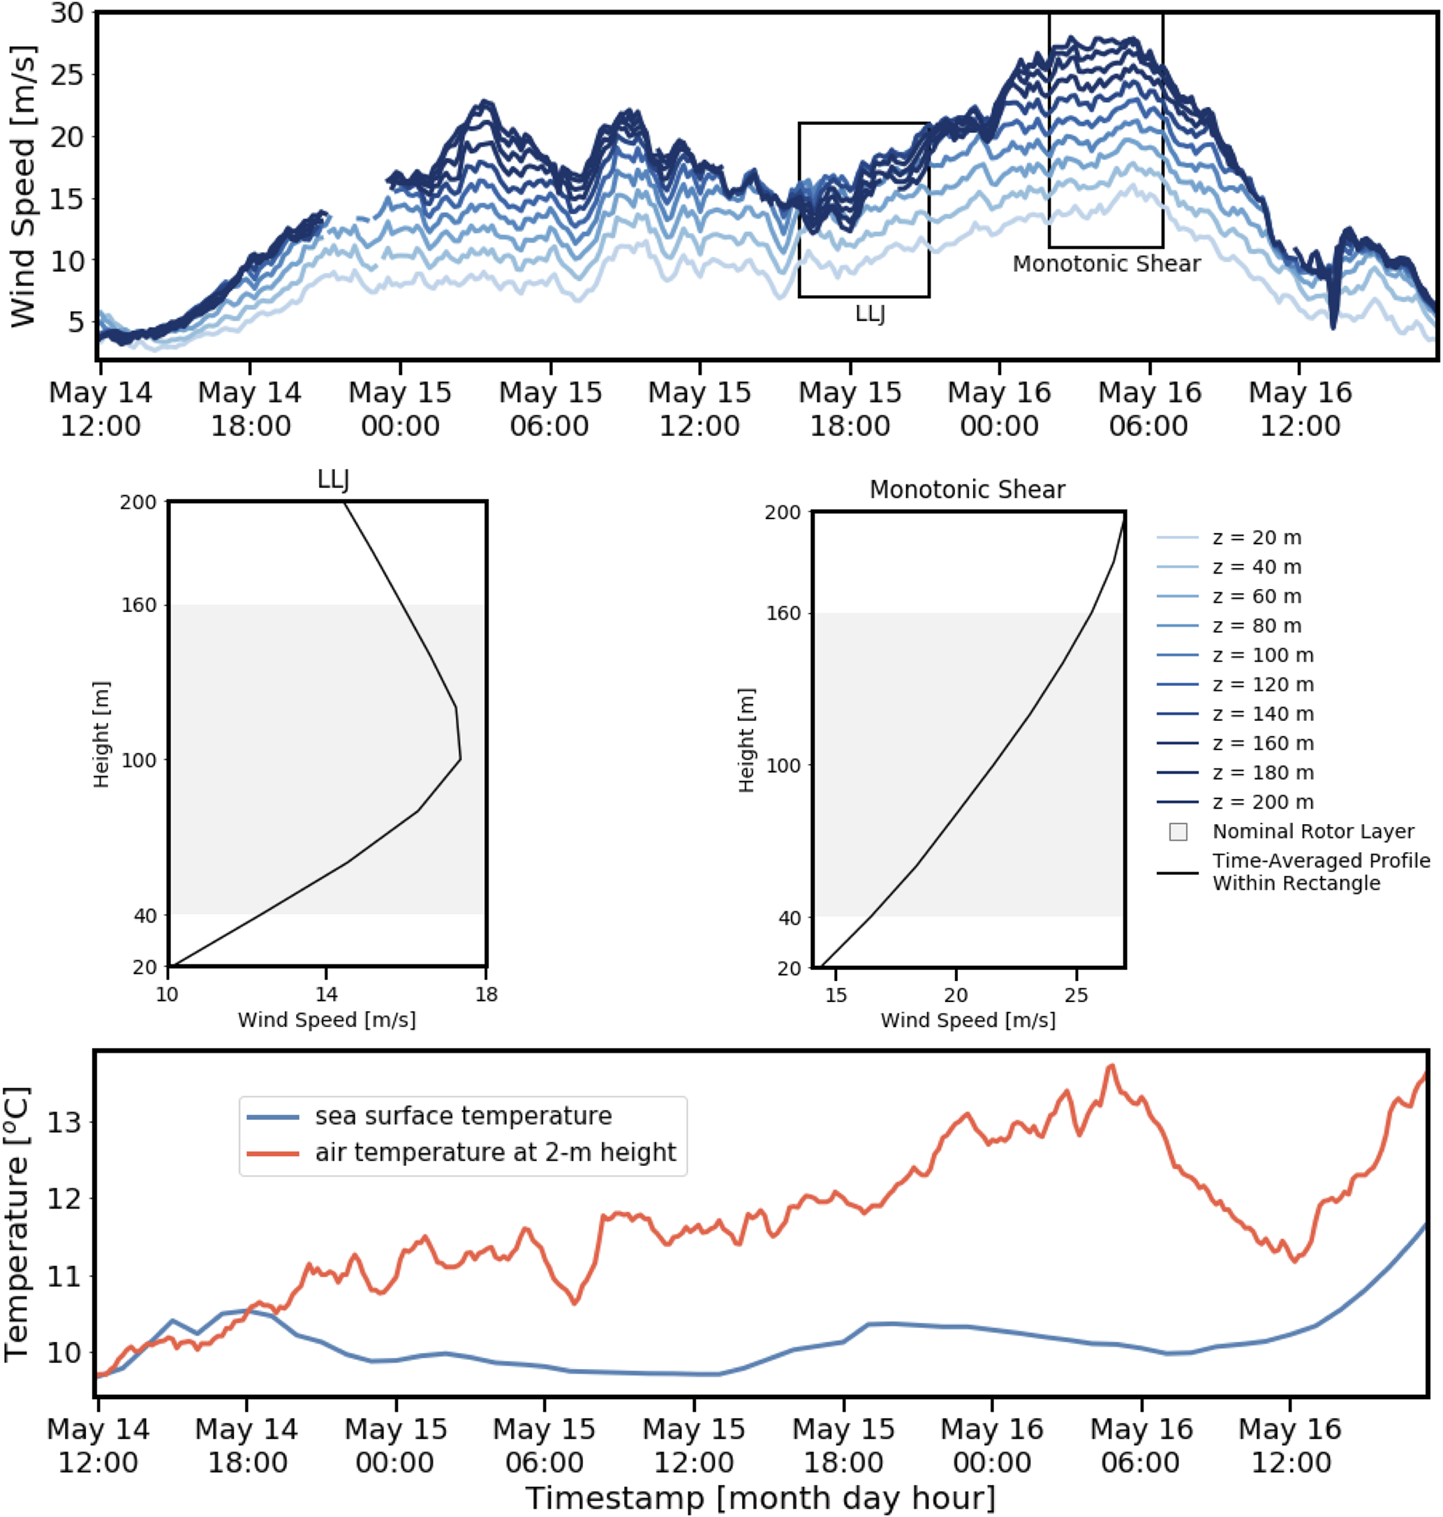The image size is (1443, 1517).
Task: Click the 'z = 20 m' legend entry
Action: click(x=1256, y=537)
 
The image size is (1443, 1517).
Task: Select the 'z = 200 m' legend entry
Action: click(x=1262, y=802)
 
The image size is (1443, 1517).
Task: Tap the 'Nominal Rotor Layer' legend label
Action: click(x=1313, y=831)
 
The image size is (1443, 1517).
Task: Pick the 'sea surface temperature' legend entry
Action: click(x=463, y=1116)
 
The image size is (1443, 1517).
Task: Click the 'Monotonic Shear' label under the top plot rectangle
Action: click(x=1106, y=264)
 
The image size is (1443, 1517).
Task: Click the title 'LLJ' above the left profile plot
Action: click(x=333, y=480)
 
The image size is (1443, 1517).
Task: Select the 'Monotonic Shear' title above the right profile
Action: click(x=967, y=490)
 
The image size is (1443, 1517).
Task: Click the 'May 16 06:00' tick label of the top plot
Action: click(x=1149, y=408)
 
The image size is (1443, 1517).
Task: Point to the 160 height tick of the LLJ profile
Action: click(x=138, y=605)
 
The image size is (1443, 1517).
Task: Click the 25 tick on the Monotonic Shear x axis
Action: click(x=1076, y=995)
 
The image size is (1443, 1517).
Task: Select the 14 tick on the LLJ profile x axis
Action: click(x=326, y=994)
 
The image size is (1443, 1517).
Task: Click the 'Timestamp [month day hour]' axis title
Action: click(x=760, y=1497)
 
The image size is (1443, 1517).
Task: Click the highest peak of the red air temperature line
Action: click(x=1111, y=1066)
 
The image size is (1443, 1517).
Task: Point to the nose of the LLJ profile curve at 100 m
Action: click(x=460, y=760)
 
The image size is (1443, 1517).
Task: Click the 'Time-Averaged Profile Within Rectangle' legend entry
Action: click(x=1321, y=872)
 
